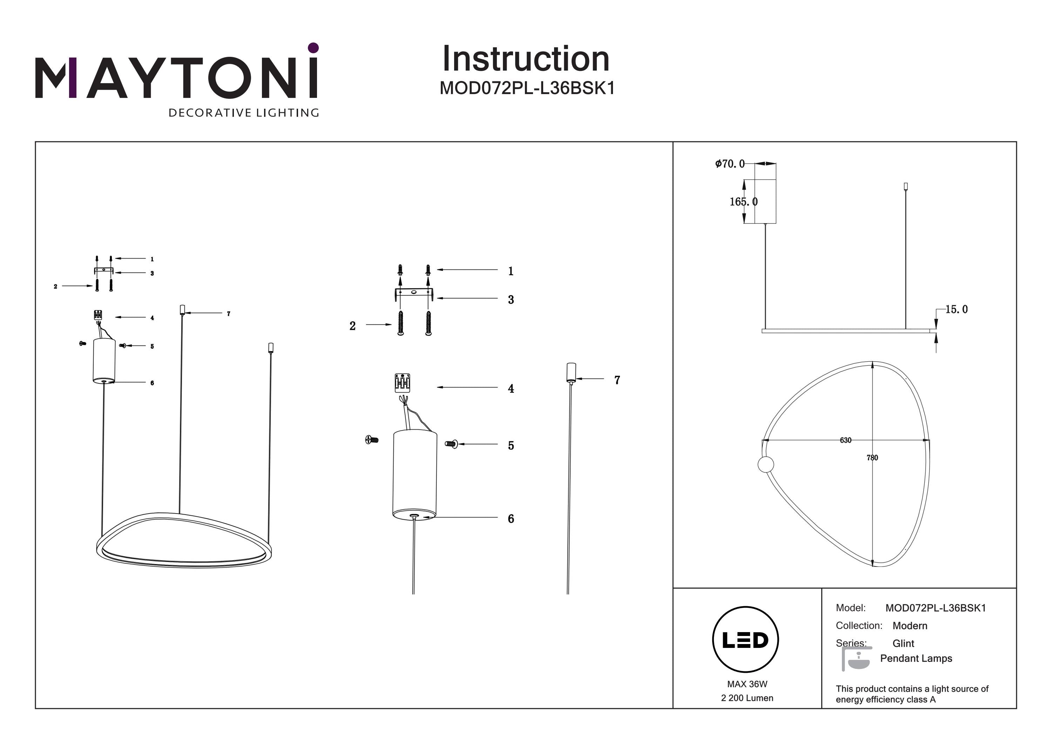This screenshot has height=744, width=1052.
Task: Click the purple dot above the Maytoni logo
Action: point(313,48)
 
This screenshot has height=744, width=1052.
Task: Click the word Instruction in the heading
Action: point(526,59)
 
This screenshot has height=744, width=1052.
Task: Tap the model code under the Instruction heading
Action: point(527,88)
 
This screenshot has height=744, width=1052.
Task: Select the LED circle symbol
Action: point(745,639)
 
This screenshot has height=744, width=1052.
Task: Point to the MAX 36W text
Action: point(747,684)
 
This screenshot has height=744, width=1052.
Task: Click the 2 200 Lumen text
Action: point(747,698)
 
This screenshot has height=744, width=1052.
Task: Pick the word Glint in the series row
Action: point(903,643)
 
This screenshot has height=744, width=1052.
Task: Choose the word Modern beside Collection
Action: point(910,626)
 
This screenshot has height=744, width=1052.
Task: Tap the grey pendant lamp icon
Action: point(856,659)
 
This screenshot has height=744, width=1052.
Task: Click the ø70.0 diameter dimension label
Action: point(729,164)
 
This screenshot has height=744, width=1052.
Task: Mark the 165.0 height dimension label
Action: point(743,202)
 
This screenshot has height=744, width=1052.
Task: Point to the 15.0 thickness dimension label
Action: point(956,309)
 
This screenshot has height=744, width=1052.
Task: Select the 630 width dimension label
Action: point(845,440)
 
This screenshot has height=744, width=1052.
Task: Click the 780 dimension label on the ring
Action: point(872,457)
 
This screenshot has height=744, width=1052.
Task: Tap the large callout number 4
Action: point(511,389)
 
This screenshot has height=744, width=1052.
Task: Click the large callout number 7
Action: point(617,380)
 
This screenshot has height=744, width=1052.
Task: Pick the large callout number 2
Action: point(352,326)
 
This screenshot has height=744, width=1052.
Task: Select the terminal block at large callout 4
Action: point(402,383)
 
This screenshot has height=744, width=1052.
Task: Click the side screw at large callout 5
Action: point(451,444)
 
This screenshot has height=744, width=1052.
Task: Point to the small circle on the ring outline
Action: point(766,464)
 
